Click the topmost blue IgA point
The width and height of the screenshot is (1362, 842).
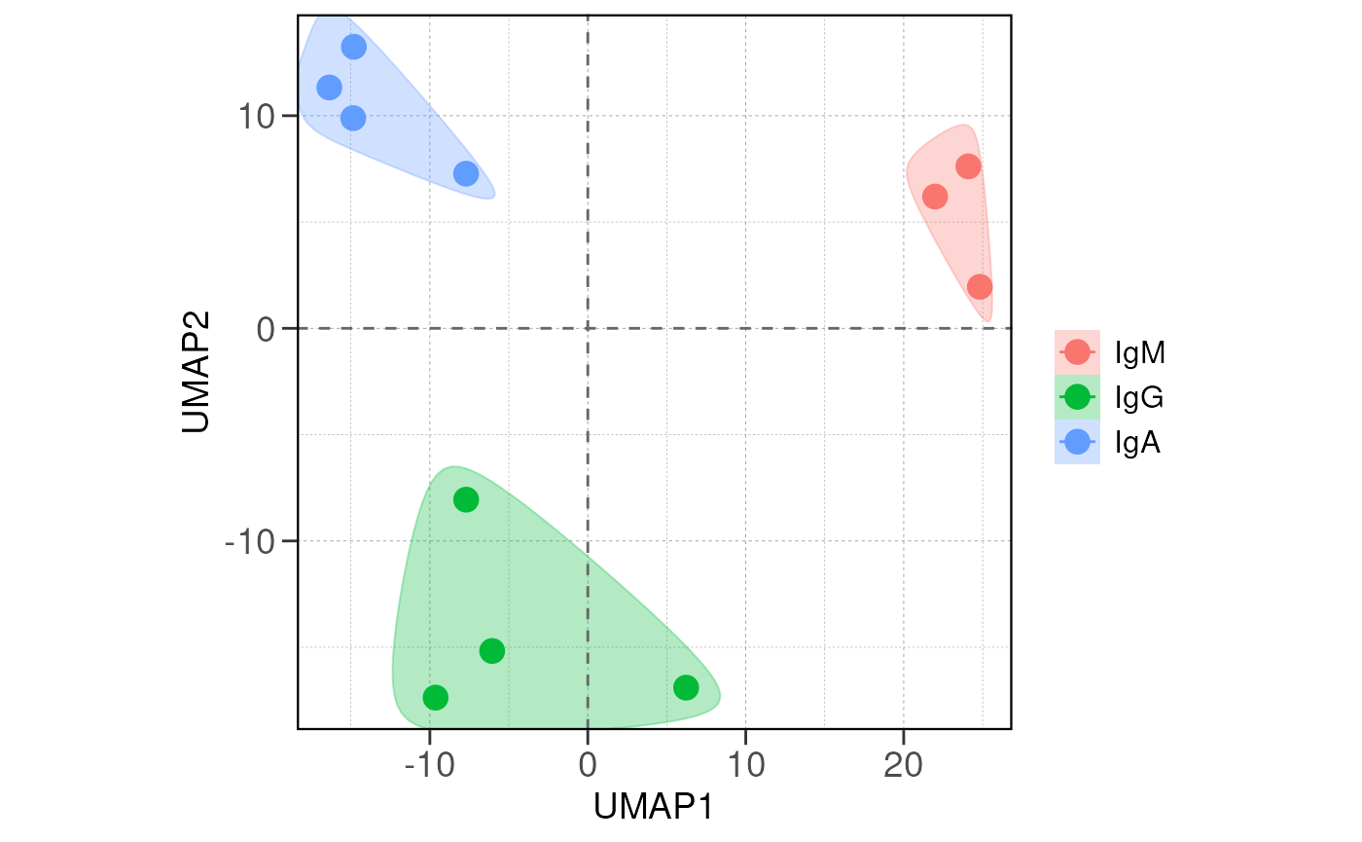[x=354, y=47]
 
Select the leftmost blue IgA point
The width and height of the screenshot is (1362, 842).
[x=330, y=88]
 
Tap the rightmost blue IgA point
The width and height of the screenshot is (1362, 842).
[x=466, y=174]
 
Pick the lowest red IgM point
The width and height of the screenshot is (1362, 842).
[x=980, y=287]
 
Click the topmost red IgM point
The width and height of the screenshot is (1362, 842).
[x=968, y=166]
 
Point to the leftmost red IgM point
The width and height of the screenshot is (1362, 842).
[x=935, y=197]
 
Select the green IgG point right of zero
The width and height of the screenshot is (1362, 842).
[x=686, y=688]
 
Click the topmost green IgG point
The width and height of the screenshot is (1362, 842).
[x=466, y=499]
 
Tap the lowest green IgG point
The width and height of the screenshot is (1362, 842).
[x=435, y=697]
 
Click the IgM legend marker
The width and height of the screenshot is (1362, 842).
[x=1077, y=352]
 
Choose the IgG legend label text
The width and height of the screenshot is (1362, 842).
[x=1139, y=397]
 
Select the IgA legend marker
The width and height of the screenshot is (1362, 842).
[x=1077, y=442]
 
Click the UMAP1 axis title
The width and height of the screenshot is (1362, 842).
[x=654, y=807]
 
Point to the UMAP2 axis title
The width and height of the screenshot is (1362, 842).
[x=196, y=371]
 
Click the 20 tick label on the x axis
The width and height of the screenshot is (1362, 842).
[x=904, y=765]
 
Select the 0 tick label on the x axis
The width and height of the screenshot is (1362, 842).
[x=588, y=765]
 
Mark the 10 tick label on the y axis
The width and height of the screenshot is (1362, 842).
[x=258, y=117]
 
